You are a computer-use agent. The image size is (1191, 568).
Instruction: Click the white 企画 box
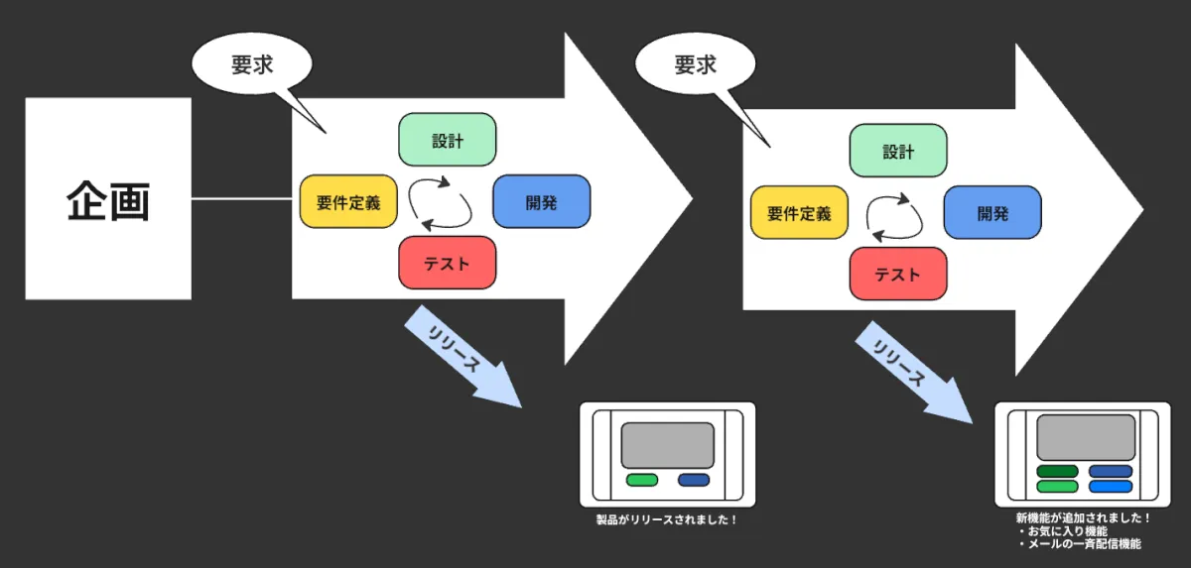108,198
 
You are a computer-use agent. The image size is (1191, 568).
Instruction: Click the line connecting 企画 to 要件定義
244,199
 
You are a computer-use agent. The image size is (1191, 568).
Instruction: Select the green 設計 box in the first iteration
447,140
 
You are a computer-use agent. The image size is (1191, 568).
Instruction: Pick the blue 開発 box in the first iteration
542,201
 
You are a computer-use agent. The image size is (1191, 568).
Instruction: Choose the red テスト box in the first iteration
447,263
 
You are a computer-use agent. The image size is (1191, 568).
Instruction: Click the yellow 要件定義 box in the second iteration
799,212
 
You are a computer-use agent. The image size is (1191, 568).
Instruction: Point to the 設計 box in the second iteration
898,151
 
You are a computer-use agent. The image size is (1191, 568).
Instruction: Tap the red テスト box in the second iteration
898,274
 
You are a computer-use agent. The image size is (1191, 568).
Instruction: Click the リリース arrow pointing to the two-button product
462,358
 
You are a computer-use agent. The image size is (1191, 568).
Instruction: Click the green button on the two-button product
642,480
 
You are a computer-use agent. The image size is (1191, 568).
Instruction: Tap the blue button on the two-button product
694,480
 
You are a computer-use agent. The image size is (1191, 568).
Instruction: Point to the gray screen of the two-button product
667,446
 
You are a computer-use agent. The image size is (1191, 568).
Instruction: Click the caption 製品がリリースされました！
667,519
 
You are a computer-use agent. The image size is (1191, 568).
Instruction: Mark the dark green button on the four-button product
1057,472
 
